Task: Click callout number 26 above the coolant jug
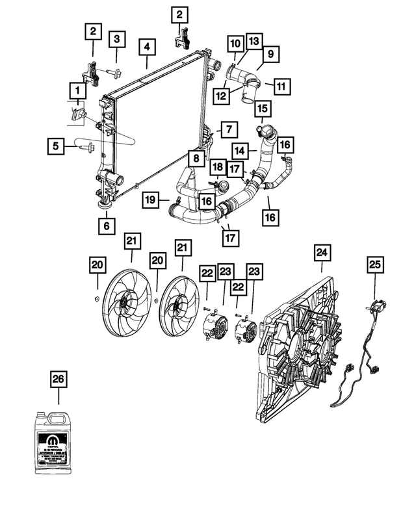[x=58, y=380]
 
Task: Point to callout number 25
[x=374, y=265]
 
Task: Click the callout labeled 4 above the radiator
[x=147, y=47]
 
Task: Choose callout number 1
[x=77, y=89]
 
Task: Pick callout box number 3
[x=116, y=39]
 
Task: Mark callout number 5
[x=57, y=147]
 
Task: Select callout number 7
[x=228, y=130]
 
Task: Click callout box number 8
[x=195, y=157]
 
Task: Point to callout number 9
[x=270, y=56]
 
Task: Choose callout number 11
[x=281, y=86]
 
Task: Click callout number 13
[x=253, y=41]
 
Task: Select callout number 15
[x=262, y=108]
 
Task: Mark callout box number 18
[x=218, y=168]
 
